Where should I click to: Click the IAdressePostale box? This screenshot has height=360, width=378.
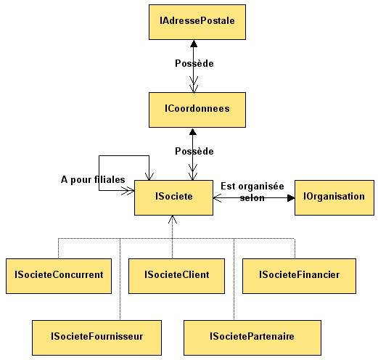pos(197,22)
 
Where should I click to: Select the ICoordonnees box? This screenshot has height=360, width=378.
pos(197,110)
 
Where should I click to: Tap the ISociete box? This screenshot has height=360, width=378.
pos(173,197)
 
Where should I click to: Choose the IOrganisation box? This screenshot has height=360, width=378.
pos(334,197)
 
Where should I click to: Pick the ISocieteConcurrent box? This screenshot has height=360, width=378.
pos(59,276)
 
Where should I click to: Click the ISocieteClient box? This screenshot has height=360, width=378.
pos(176,276)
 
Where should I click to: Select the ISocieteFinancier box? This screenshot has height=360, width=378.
pos(299,276)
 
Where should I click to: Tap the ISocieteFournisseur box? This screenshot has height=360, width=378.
pos(96,337)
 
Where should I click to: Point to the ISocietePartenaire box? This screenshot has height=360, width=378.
pos(252,337)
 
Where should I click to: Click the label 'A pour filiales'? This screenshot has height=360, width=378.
pos(93,180)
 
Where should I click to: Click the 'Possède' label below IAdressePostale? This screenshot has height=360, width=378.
pos(194,63)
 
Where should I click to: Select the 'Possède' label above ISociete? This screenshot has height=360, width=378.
pos(194,151)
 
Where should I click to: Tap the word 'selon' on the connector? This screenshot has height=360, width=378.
pos(252,198)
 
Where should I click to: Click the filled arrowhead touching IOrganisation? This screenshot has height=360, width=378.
pos(291,198)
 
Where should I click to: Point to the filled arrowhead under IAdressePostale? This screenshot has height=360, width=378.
pos(194,44)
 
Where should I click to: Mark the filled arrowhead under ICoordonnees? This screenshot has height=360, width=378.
pos(193,131)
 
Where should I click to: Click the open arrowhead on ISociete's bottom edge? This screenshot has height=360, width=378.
pos(173,219)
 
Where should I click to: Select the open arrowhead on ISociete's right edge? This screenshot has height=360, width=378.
pos(217,198)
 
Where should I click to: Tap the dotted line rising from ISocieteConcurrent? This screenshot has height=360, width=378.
pos(58,248)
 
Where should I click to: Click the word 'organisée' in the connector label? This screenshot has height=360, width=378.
pos(261,187)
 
